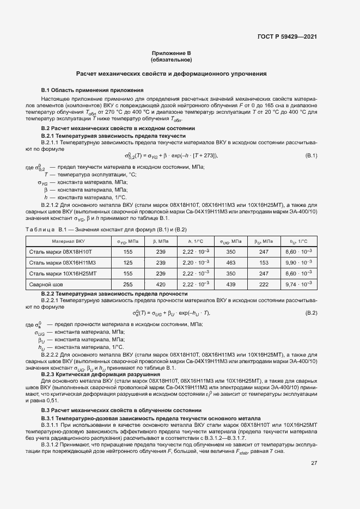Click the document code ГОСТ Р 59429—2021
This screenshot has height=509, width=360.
pyautogui.click(x=287, y=37)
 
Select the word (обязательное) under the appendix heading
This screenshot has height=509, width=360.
pyautogui.click(x=172, y=60)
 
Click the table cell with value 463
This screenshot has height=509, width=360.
pyautogui.click(x=230, y=262)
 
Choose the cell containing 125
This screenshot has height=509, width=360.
pyautogui.click(x=128, y=262)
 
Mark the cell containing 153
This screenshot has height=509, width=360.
pyautogui.click(x=264, y=262)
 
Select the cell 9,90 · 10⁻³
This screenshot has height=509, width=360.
pyautogui.click(x=298, y=262)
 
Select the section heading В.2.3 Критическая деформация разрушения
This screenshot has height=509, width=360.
pyautogui.click(x=101, y=375)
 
